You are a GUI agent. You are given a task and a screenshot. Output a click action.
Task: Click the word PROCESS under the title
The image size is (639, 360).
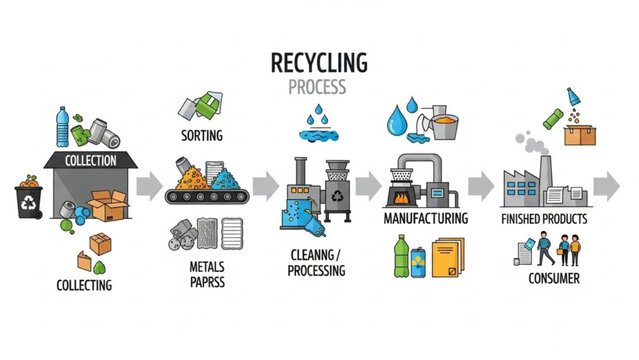(x=319, y=87)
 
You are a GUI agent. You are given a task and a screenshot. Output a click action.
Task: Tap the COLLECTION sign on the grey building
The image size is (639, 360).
(x=91, y=160)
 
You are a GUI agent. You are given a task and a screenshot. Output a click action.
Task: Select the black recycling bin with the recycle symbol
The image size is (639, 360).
(x=29, y=200)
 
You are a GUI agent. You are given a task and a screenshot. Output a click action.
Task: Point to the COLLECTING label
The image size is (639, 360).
(x=84, y=285)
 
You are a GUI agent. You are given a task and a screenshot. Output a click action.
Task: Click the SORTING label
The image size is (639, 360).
(x=202, y=135)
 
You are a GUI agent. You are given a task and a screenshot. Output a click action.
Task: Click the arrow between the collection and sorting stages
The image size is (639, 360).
(x=147, y=185)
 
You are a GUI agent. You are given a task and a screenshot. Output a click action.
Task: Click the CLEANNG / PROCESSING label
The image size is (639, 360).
(x=318, y=262)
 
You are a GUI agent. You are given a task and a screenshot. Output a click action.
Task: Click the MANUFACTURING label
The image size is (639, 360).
(x=425, y=217)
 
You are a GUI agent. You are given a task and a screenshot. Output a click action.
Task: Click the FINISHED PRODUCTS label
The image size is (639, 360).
(x=544, y=218)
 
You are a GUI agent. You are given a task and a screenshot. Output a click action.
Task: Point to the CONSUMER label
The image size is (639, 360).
(x=553, y=278)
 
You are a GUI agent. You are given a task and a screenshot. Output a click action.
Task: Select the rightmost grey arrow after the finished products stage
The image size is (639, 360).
(x=606, y=185)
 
